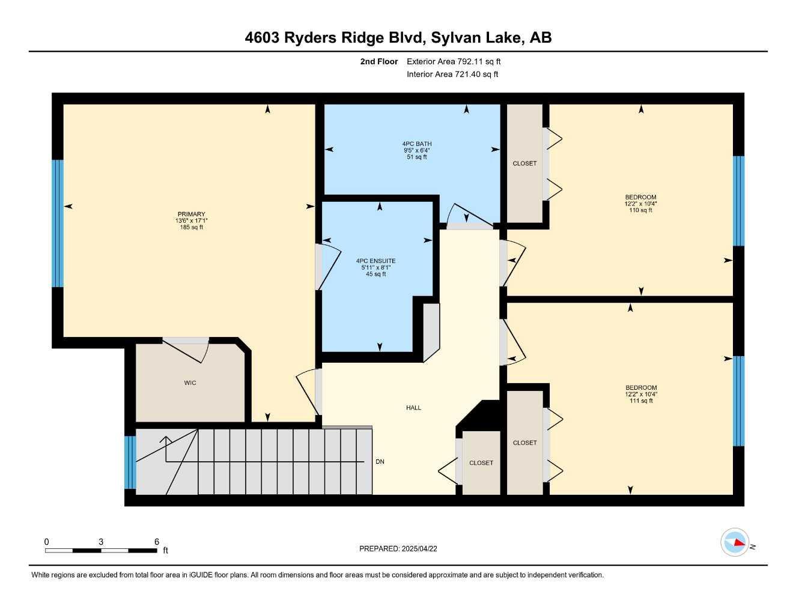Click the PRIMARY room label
(x=191, y=214)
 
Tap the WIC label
(x=190, y=383)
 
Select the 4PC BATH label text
(x=417, y=144)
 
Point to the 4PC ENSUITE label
(x=376, y=261)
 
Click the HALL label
(x=413, y=407)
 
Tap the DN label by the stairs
(x=380, y=462)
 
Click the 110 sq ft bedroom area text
(x=640, y=210)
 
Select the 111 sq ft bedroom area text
(x=641, y=401)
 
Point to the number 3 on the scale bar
(x=101, y=541)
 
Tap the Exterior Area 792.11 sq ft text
(x=454, y=61)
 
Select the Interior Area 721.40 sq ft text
(x=452, y=74)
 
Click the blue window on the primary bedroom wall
(x=58, y=223)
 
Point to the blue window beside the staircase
(x=130, y=462)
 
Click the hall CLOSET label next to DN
(x=481, y=463)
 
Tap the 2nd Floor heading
(x=378, y=61)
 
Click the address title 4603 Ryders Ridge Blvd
(x=333, y=38)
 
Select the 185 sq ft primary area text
(x=191, y=227)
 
